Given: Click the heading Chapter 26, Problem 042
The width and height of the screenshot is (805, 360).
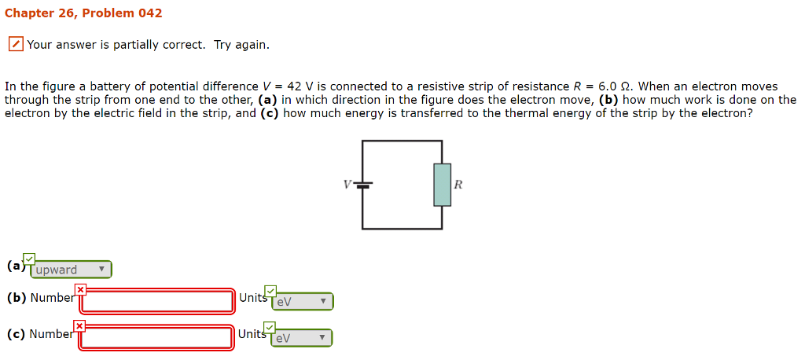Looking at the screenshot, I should click(x=83, y=13).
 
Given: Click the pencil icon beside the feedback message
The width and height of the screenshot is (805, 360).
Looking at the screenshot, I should click(x=16, y=45).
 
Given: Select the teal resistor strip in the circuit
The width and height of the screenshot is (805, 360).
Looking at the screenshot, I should click(x=442, y=185).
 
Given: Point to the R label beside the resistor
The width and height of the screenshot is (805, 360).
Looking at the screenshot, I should click(x=459, y=186).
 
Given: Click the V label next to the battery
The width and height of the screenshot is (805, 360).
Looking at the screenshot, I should click(x=347, y=185).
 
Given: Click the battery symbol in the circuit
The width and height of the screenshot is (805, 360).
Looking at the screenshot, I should click(x=363, y=185).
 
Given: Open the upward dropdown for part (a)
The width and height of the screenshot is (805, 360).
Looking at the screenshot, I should click(x=71, y=270).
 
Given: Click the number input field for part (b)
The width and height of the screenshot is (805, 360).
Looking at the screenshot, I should click(x=158, y=301).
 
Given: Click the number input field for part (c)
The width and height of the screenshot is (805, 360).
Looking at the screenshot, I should click(x=158, y=337).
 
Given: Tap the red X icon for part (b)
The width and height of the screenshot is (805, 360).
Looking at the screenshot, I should click(x=80, y=290).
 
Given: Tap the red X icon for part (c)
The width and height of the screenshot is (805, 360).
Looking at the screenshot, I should click(x=80, y=326).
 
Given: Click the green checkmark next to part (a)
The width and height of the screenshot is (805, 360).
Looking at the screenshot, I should click(x=29, y=259).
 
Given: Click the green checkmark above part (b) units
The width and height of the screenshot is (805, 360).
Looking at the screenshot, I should click(x=270, y=291).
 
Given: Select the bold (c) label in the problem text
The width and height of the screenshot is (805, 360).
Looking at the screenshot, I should click(x=270, y=113).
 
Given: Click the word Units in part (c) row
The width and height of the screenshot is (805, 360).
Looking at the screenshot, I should click(x=252, y=334).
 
